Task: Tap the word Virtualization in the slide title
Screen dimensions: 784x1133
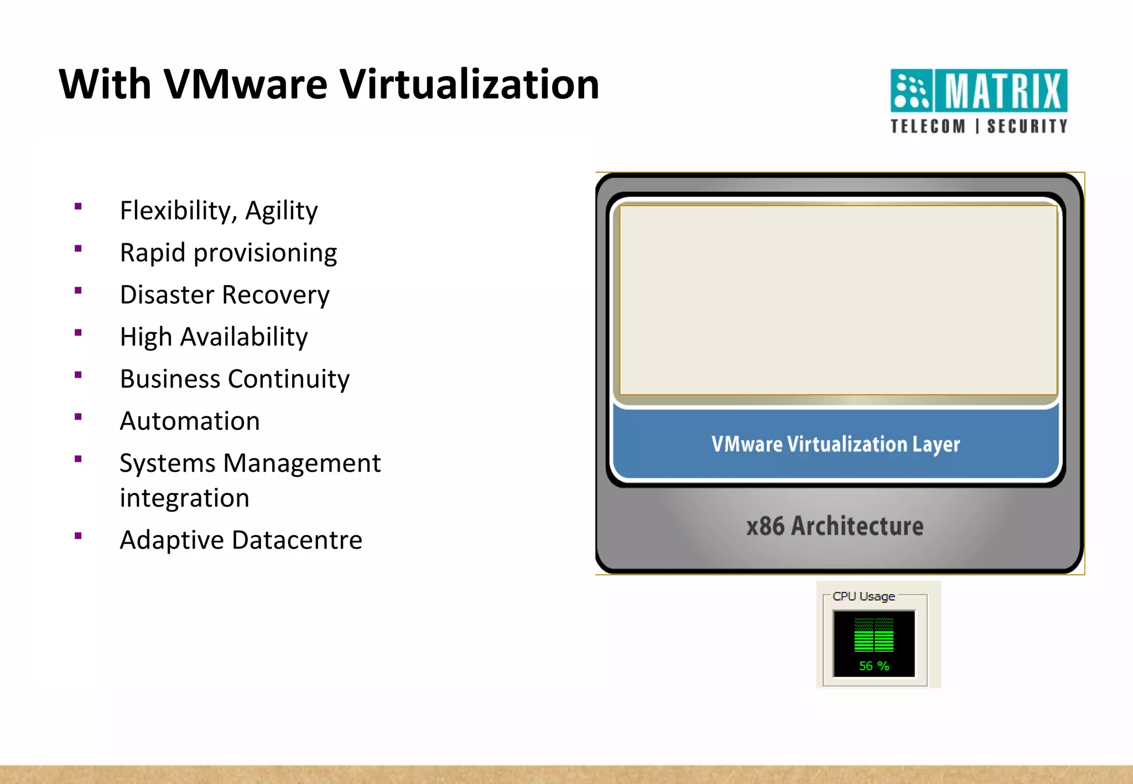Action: pos(469,85)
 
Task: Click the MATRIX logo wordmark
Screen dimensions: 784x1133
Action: pos(1002,91)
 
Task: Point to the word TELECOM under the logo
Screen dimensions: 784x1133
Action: pos(928,127)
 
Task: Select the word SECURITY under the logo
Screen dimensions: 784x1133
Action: pos(1027,127)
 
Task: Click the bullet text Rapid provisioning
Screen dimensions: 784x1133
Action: pos(228,253)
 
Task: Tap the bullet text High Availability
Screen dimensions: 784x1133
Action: pos(214,337)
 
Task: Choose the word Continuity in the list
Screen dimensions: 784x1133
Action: pos(289,379)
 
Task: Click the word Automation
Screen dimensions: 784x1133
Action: pos(190,421)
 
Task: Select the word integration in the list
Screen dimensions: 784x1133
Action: pos(184,498)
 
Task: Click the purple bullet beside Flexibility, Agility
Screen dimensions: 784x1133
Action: pos(78,207)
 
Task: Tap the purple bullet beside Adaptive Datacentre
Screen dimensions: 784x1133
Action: pos(78,536)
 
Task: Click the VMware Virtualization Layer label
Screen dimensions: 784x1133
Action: pos(835,444)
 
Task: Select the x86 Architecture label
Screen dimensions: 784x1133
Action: pos(835,526)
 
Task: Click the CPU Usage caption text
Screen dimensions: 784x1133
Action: pos(864,597)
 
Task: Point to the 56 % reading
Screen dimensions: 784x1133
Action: pos(874,666)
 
